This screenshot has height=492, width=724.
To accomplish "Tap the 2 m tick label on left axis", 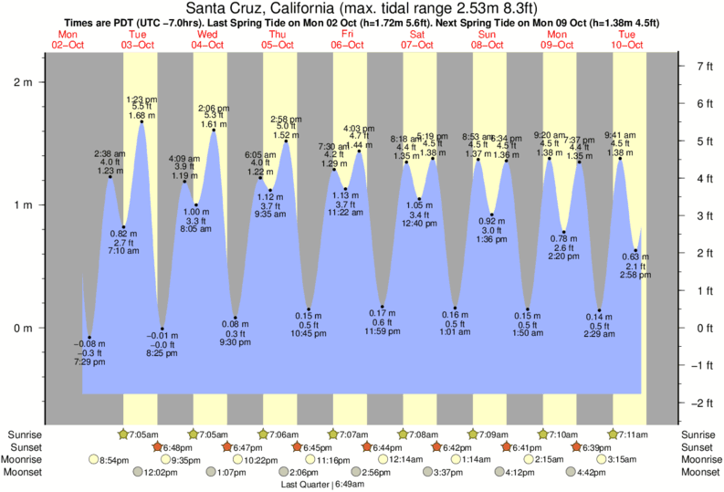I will [21, 82].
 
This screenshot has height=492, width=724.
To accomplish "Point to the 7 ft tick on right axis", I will [704, 67].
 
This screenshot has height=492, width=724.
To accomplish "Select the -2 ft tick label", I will [702, 403].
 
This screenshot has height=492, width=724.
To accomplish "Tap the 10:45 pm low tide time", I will [310, 334].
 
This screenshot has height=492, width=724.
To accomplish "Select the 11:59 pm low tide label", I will [382, 330].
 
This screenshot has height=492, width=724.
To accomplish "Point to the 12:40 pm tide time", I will [419, 224].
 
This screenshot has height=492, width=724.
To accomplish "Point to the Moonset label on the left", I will [26, 473].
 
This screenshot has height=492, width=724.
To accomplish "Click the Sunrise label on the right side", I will [698, 434].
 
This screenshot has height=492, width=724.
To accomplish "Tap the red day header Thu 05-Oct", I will [278, 39].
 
